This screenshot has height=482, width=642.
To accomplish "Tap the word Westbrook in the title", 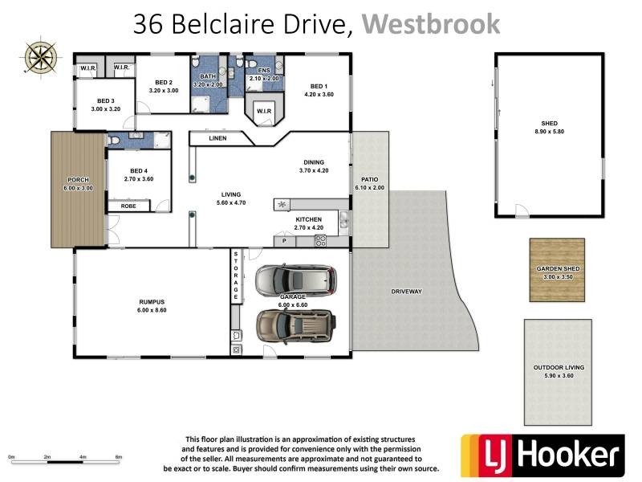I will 430,24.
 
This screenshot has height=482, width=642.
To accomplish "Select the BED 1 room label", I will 319,90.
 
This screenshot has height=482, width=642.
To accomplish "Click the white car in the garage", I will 295,280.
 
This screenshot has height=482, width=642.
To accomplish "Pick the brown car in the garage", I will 295,326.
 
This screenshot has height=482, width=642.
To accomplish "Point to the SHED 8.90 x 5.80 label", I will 549,128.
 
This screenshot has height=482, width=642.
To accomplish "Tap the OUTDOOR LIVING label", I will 559,371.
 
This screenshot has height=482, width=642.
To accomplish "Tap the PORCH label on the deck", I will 78,183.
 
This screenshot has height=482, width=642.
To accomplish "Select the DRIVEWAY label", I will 406,291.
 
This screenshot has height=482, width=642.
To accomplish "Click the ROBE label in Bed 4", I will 128,206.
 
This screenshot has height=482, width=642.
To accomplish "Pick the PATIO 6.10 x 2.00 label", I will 370,183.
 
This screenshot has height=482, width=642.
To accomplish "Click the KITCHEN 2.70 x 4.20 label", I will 309,223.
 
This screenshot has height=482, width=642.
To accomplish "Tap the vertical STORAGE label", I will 237,276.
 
